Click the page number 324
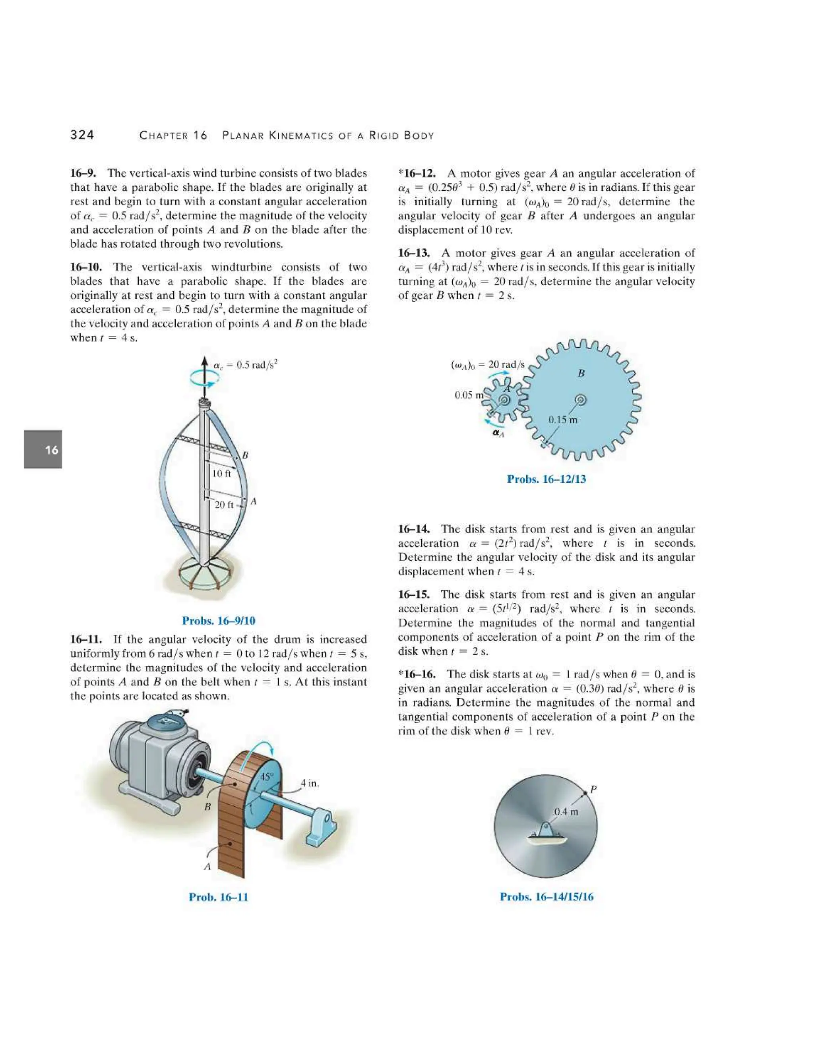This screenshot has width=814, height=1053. point(82,135)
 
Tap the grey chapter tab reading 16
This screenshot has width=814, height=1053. point(43,449)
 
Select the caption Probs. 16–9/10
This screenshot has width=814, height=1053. point(219,621)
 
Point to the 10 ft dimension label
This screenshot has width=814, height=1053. point(221,474)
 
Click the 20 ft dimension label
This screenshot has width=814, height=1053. point(224,504)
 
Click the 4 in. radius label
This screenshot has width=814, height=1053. point(310,783)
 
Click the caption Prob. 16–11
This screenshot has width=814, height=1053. point(219,897)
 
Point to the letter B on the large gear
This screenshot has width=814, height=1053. point(581,373)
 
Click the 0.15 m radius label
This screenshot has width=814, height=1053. point(562,420)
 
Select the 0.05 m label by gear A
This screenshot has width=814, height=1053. point(468,395)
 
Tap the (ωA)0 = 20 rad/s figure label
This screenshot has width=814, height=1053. point(488,364)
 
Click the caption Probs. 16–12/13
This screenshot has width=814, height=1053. point(547,479)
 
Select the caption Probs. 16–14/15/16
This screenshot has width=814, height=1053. point(547,897)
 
